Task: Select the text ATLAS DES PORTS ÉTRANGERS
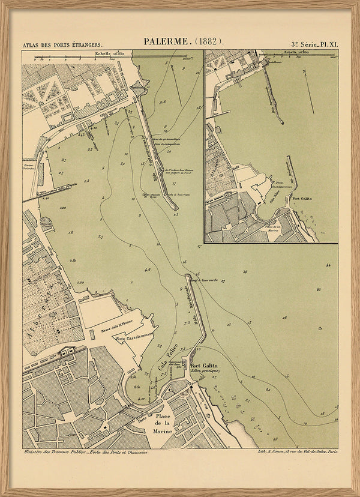62,45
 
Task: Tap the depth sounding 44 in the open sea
328,265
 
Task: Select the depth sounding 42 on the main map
319,289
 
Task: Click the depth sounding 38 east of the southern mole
245,273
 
